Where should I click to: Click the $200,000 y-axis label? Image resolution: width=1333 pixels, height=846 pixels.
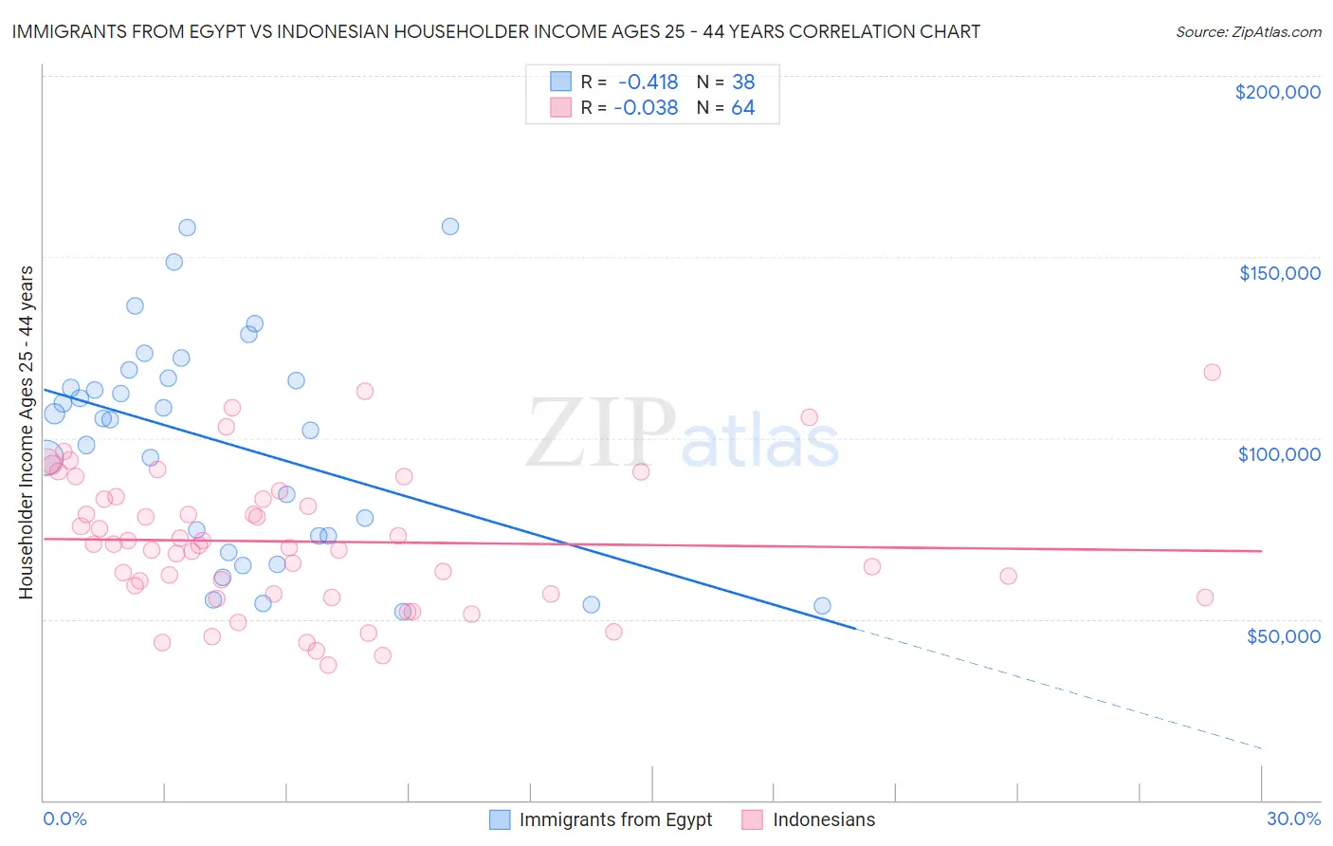[x=1277, y=92]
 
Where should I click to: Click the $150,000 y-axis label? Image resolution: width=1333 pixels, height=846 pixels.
[x=1279, y=273]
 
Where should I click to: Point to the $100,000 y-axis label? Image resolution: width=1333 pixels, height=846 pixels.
[x=1279, y=454]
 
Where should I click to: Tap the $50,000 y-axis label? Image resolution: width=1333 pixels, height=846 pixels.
[x=1283, y=635]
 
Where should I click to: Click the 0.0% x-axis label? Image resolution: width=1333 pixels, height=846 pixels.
[x=64, y=818]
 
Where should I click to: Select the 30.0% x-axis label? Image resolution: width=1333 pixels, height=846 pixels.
[x=1293, y=818]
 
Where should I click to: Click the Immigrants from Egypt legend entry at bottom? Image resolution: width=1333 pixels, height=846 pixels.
[x=615, y=819]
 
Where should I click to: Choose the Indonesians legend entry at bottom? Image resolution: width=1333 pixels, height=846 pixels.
[x=823, y=819]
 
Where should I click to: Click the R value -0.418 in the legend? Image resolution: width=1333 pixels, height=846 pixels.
[x=648, y=82]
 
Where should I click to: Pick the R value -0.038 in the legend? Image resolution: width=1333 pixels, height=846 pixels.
[x=646, y=108]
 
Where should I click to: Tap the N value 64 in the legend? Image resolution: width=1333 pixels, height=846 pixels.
[x=743, y=108]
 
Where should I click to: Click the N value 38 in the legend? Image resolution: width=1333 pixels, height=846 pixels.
[x=743, y=82]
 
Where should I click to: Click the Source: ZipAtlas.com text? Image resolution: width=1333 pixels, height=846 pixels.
[x=1248, y=32]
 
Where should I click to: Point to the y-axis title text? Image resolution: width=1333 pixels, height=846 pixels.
[x=26, y=432]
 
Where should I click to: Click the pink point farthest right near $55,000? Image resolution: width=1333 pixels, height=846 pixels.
[x=1205, y=598]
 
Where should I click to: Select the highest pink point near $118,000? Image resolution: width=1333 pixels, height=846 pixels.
[x=1212, y=372]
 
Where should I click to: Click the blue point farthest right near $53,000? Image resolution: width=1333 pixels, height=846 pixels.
[x=822, y=606]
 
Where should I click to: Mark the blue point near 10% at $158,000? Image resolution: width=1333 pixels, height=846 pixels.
[x=450, y=227]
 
